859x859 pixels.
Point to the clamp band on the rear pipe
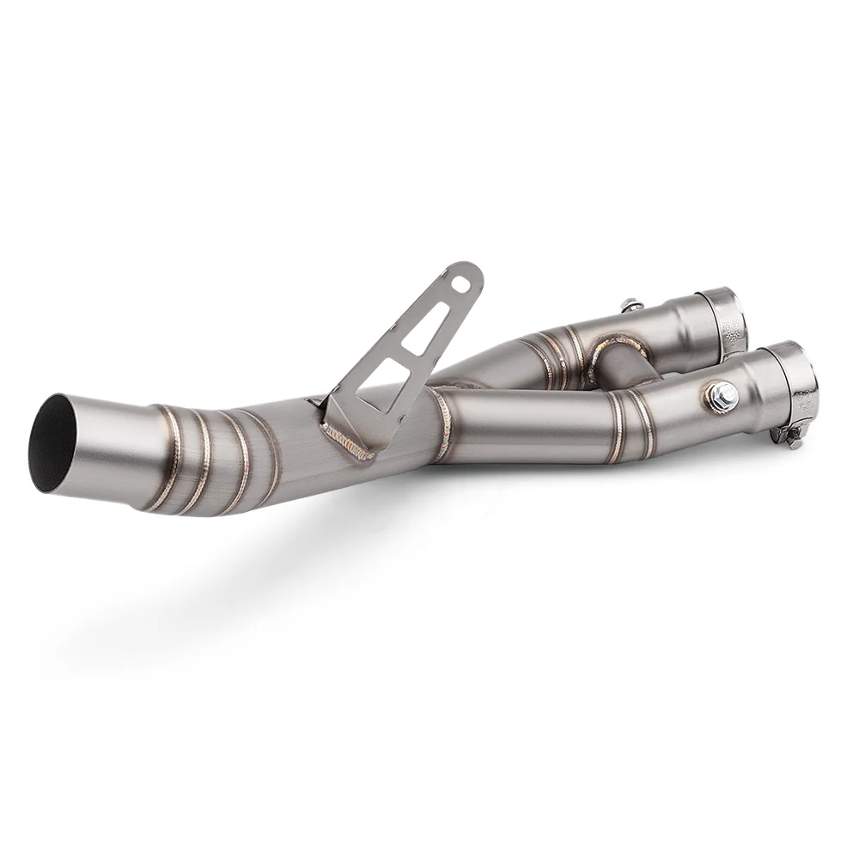pyautogui.click(x=722, y=317)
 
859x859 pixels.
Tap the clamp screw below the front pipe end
pyautogui.click(x=791, y=437)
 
